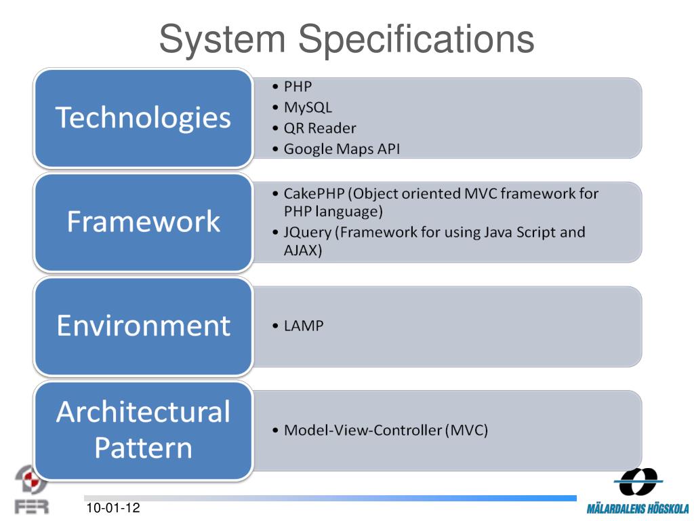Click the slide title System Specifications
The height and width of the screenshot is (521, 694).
(x=346, y=39)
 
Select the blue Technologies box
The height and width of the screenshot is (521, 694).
(x=143, y=117)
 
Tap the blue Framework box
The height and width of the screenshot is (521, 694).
(x=143, y=222)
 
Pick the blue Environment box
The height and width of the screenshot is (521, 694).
(x=143, y=326)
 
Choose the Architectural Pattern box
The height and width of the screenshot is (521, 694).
(x=143, y=429)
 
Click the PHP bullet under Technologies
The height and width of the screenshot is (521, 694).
(x=298, y=87)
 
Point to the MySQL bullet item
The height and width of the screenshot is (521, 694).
(x=308, y=107)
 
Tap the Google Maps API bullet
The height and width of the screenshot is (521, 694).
(x=342, y=149)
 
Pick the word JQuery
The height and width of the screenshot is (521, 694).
(x=308, y=232)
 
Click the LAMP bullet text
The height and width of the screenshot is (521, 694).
(x=304, y=326)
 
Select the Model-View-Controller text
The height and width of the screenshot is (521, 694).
(x=363, y=429)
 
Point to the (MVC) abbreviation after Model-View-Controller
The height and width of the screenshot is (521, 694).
(x=466, y=429)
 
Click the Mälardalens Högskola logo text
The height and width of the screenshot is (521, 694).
(x=637, y=508)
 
